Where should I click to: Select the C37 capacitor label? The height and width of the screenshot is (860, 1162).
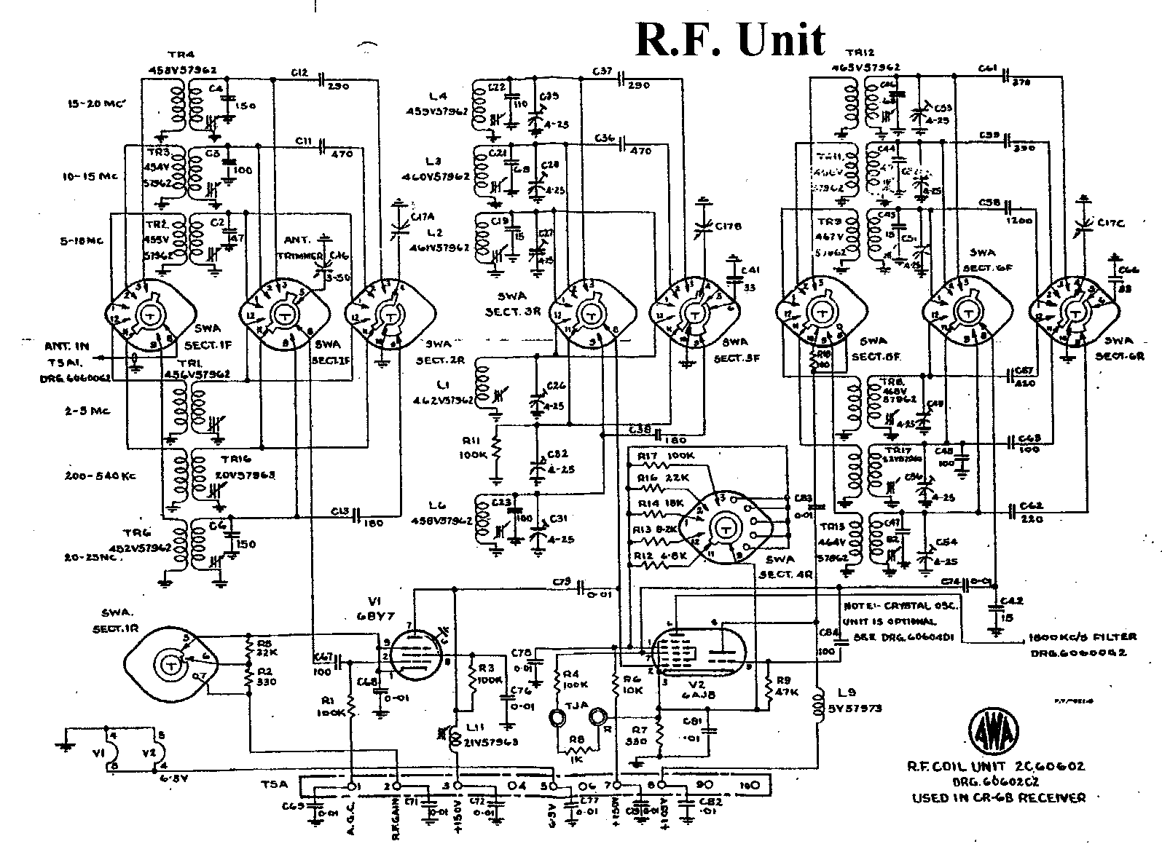coord(602,71)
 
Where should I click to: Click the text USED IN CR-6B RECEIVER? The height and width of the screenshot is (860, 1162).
coord(999,797)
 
